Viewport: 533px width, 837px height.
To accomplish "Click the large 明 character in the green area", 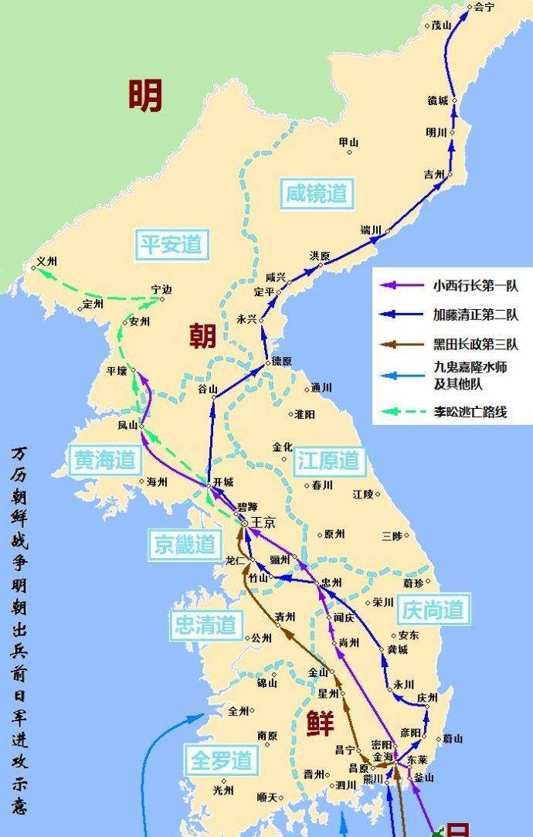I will [x=145, y=96].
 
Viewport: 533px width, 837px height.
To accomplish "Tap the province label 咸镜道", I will [x=314, y=193].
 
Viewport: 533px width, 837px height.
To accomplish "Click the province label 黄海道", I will [x=106, y=461].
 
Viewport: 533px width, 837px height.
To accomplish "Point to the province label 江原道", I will [x=328, y=461].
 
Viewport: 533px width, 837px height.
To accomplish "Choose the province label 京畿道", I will [x=183, y=545].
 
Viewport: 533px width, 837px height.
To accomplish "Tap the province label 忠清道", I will [x=204, y=624].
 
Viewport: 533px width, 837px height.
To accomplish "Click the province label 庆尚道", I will [x=433, y=611].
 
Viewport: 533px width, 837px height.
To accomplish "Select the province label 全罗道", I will [x=222, y=760].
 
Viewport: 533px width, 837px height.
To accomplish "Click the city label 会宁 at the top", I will [x=484, y=8].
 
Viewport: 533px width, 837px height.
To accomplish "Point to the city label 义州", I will [x=48, y=263].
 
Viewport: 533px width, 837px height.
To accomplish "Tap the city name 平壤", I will [x=116, y=371].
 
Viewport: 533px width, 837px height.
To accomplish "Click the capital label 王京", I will [x=263, y=523].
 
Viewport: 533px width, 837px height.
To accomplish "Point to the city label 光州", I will [x=223, y=790].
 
